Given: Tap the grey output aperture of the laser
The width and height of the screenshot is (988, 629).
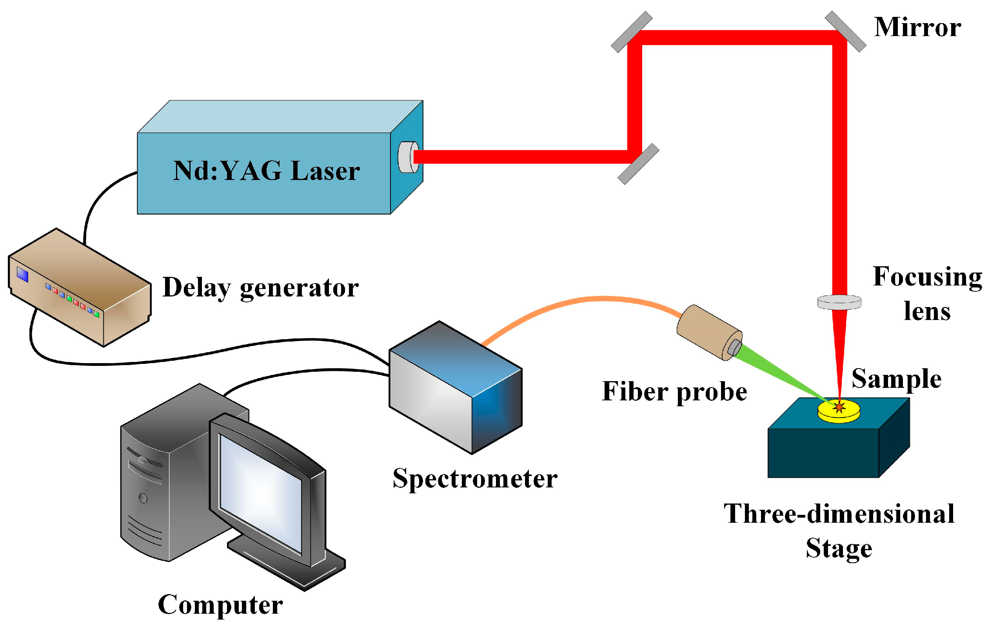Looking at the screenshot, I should (x=407, y=157).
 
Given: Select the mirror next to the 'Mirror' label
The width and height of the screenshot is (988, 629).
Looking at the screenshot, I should (x=845, y=31).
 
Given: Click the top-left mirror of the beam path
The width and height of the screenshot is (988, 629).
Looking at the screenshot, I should (x=632, y=32).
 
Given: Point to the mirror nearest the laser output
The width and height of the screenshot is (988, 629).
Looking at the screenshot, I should (x=638, y=164).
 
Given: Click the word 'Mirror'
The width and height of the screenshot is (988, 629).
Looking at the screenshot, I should (x=917, y=28).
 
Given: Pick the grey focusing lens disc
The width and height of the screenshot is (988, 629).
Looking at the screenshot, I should (x=839, y=302).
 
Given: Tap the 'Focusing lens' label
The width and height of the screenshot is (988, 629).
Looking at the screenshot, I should (x=927, y=293).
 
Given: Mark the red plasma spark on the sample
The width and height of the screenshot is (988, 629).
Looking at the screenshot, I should (x=839, y=407).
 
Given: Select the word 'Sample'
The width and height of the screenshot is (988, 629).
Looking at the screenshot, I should (x=897, y=379).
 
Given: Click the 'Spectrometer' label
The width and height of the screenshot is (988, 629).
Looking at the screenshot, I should (x=475, y=479).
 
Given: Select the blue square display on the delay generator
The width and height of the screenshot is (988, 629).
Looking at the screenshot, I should (x=23, y=275).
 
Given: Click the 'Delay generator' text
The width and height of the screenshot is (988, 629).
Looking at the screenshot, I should (x=261, y=287).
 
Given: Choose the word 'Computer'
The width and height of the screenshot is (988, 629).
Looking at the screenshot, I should (x=220, y=605).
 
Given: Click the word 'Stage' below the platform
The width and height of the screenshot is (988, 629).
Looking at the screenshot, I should (x=839, y=549).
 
